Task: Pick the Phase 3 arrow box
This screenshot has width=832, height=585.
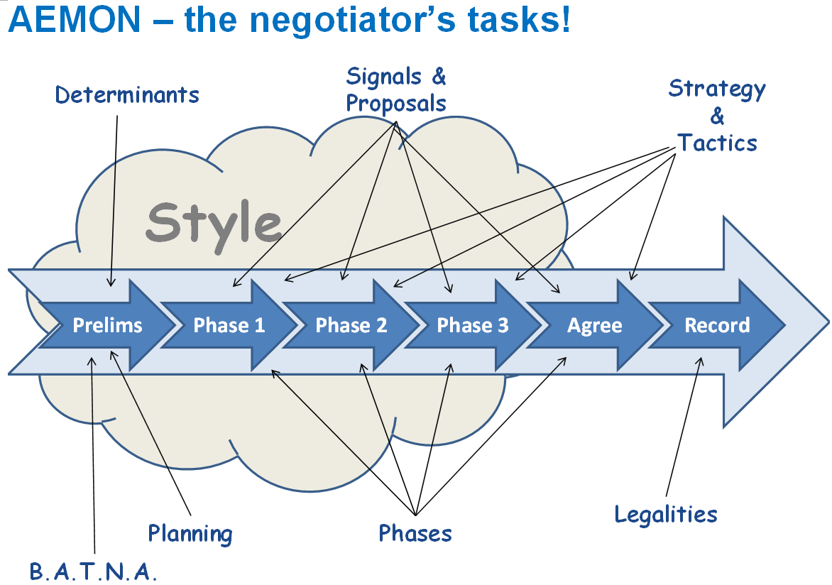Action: tap(473, 325)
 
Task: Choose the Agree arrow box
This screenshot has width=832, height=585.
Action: tap(595, 325)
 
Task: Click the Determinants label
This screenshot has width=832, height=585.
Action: tap(127, 95)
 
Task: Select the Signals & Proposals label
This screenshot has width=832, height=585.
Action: tap(396, 89)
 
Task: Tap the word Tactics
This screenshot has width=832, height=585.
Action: tap(718, 143)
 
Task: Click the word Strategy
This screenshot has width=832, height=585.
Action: tap(717, 89)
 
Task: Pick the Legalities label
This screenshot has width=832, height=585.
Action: tap(666, 515)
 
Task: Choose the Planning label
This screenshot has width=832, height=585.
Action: tap(190, 534)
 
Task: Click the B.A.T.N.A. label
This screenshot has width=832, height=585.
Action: tap(94, 572)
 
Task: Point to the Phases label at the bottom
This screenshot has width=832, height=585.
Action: tap(415, 533)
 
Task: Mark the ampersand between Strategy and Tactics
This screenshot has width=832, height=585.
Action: tap(718, 116)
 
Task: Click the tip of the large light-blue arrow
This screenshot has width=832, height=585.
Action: tap(828, 322)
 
